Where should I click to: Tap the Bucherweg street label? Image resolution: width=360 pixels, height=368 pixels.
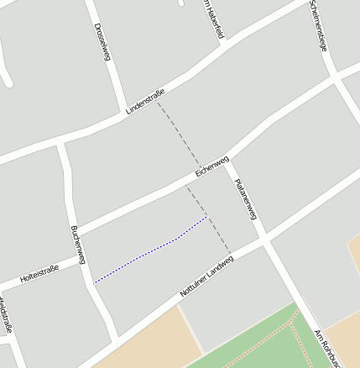pos(77,244)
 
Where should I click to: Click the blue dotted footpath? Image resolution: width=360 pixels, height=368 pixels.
pos(151,252)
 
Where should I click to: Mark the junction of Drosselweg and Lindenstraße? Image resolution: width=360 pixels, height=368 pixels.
pos(121,113)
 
